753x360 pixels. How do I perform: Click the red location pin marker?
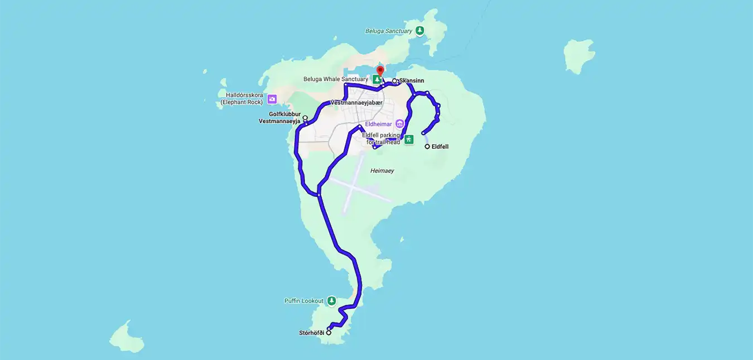pos(380,71)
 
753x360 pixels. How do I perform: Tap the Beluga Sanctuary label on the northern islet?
pos(388,31)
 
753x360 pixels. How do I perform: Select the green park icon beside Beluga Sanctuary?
pos(419,31)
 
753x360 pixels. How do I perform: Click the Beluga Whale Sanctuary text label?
pos(335,79)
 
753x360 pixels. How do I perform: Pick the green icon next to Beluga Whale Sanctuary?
pos(378,80)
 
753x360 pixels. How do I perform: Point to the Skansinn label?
pos(412,81)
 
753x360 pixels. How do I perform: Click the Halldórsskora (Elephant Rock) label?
pos(241,99)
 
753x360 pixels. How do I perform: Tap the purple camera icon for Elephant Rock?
pos(272,99)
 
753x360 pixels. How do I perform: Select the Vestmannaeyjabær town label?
pos(356,103)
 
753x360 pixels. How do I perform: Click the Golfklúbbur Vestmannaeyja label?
pos(280,117)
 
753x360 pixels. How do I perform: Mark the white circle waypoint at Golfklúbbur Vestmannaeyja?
pos(305,118)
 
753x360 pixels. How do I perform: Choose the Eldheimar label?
pos(379,124)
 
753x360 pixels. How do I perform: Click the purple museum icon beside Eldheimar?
pos(399,123)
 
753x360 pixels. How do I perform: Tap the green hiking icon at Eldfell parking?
pos(409,139)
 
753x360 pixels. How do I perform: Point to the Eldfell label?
pos(440,147)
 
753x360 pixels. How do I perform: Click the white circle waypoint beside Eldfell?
pos(427,147)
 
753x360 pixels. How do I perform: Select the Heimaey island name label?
pos(382,171)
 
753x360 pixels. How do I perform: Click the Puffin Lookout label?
pos(303,301)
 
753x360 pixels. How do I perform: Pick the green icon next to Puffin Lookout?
pos(331,301)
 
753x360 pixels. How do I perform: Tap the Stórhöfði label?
pos(311,333)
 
